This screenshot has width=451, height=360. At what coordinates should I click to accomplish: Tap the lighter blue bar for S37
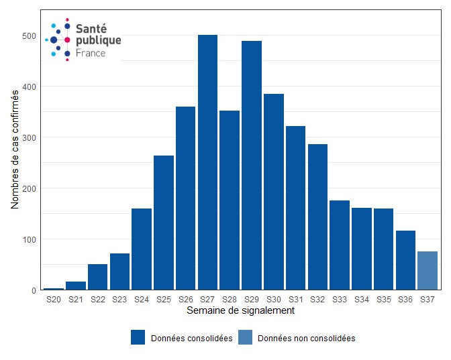coord(428,271)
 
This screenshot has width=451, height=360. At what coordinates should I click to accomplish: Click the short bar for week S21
coord(76,286)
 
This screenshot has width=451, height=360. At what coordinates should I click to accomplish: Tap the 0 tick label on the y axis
coord(32,290)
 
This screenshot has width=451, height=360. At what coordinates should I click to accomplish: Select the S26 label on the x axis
coord(185,300)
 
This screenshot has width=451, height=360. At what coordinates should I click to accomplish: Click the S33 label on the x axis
coord(340,300)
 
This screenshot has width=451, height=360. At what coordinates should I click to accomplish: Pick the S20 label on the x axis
coord(54,300)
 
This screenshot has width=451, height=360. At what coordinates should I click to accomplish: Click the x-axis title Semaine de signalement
coord(240,311)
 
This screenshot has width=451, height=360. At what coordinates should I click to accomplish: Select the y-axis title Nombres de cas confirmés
coord(15,149)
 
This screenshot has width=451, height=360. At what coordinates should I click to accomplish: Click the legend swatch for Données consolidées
coord(138,338)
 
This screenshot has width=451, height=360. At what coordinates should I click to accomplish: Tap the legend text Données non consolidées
coord(306,339)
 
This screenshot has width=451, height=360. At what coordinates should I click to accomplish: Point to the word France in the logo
coord(91,52)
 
